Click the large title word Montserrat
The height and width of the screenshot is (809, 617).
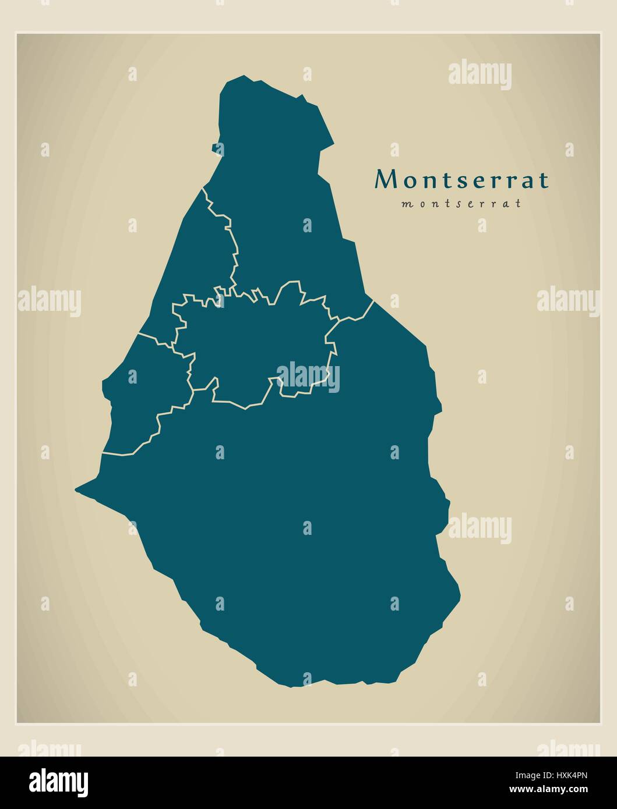pos(461,180)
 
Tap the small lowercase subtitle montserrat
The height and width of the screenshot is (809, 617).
pos(461,204)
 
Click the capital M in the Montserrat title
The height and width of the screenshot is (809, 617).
pos(385,180)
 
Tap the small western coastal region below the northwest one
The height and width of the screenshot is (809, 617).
pos(143,396)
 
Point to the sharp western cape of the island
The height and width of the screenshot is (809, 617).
pos(77,490)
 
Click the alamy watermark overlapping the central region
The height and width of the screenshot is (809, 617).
pos(308,376)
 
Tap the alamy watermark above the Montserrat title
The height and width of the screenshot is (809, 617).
pos(480,74)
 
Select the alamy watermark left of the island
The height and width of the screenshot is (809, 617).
pos(49,300)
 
